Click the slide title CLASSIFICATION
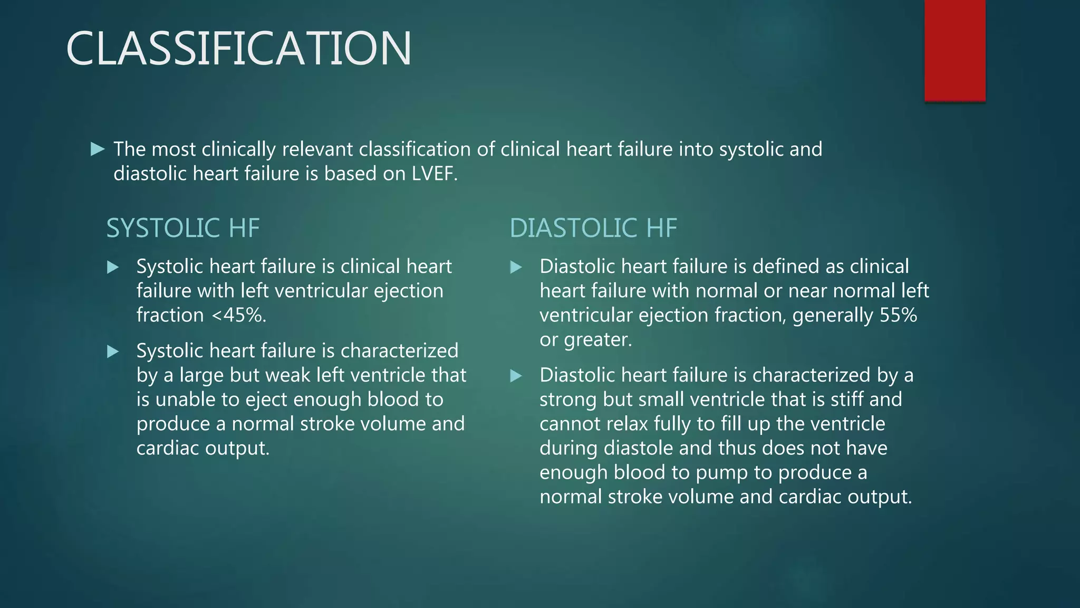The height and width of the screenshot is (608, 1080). (x=238, y=49)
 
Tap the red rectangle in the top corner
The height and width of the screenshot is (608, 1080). (x=954, y=50)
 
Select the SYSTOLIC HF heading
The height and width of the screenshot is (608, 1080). (x=183, y=228)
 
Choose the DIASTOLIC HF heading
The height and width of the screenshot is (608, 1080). (x=593, y=228)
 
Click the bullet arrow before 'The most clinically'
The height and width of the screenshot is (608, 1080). (x=98, y=149)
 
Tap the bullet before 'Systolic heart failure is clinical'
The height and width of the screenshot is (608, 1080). (x=113, y=268)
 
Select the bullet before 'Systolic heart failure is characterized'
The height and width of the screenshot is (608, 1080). (x=113, y=352)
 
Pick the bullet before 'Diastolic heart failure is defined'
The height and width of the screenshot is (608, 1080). (x=516, y=268)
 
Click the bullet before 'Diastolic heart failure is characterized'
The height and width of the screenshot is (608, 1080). (x=516, y=376)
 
